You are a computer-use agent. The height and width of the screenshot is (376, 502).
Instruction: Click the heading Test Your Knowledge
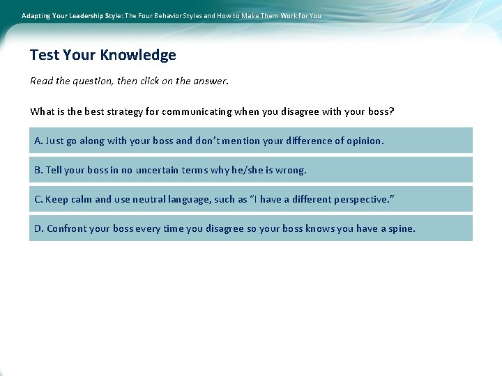pos(103,55)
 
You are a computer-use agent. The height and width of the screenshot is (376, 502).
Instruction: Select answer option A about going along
pos(250,141)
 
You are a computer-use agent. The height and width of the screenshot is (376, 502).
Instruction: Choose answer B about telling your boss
pos(250,170)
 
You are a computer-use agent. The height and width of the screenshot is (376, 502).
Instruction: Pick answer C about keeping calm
pos(250,199)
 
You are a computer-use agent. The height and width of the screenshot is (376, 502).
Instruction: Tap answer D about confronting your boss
pos(250,228)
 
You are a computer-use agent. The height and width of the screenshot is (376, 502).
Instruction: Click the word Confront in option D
pos(67,228)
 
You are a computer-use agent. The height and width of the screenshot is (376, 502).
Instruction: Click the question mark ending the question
pos(392,111)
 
